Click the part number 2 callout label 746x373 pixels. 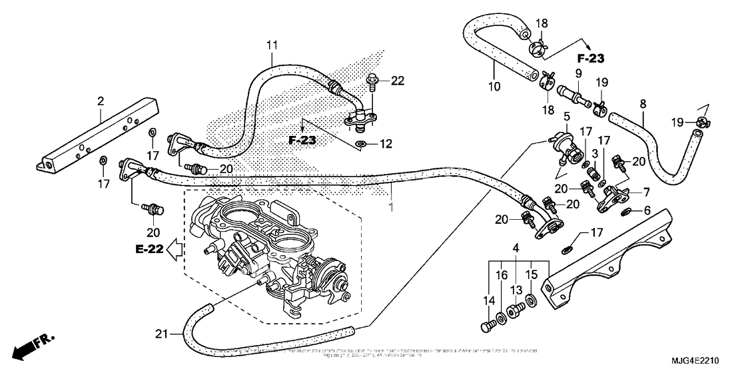click(101, 101)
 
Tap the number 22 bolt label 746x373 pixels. click(398, 81)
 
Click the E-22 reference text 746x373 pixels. click(149, 249)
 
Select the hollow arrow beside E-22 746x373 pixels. click(175, 250)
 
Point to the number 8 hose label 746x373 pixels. click(643, 105)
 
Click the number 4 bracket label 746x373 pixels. click(516, 249)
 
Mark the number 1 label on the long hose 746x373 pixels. click(392, 208)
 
